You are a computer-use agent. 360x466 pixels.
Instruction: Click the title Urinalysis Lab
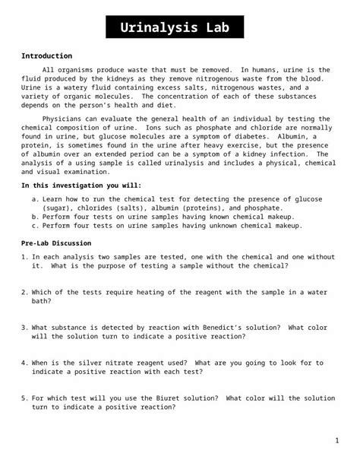pyautogui.click(x=180, y=29)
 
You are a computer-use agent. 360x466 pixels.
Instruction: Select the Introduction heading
pyautogui.click(x=46, y=56)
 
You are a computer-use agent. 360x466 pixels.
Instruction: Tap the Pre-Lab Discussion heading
pyautogui.click(x=58, y=243)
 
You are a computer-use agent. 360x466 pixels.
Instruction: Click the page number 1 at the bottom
pyautogui.click(x=336, y=440)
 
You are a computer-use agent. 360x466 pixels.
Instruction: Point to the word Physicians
pyautogui.click(x=67, y=119)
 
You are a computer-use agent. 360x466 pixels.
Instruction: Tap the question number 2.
pyautogui.click(x=24, y=291)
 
